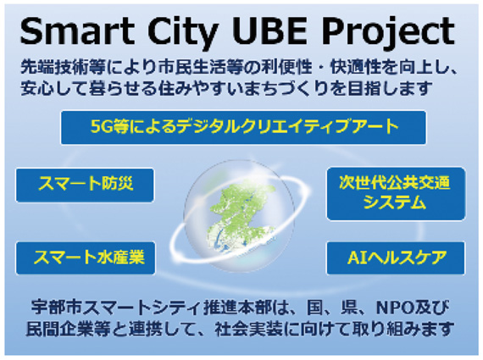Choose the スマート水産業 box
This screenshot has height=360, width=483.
tap(86, 257)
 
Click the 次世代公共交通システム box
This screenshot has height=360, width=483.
tap(397, 192)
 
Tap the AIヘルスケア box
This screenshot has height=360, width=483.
tap(397, 257)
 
